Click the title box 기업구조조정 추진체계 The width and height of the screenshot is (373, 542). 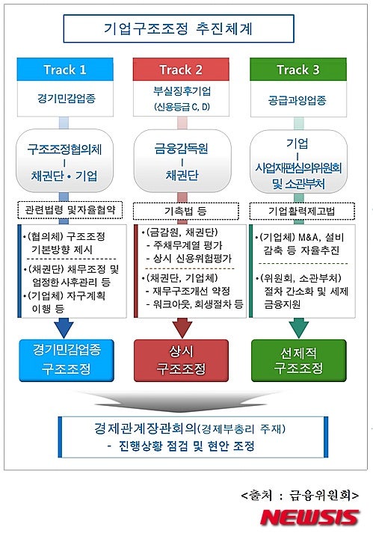[x=179, y=28]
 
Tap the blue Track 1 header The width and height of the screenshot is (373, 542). [x=65, y=70]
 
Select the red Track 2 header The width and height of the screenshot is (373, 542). [x=181, y=70]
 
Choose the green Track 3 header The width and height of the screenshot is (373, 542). [x=298, y=70]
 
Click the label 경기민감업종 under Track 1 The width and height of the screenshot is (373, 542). [x=66, y=99]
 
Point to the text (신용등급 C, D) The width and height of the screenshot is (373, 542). [x=182, y=107]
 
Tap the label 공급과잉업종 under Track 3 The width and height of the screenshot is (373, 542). [x=298, y=101]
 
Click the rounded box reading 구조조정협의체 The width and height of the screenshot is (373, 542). [x=64, y=161]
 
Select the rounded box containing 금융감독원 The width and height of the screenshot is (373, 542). [x=182, y=161]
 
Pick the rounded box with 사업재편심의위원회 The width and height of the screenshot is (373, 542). [x=298, y=161]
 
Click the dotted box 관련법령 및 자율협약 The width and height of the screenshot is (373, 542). [x=70, y=210]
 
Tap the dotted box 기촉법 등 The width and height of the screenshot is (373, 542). [x=186, y=211]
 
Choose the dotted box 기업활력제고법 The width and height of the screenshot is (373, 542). [x=302, y=211]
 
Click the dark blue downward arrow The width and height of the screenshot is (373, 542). [x=64, y=327]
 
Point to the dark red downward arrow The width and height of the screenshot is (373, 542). [x=182, y=327]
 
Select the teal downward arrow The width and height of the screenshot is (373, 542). [x=299, y=327]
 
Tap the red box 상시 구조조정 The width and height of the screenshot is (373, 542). [x=181, y=360]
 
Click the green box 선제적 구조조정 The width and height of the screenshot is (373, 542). [x=299, y=360]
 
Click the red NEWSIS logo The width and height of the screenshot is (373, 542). [x=309, y=518]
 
